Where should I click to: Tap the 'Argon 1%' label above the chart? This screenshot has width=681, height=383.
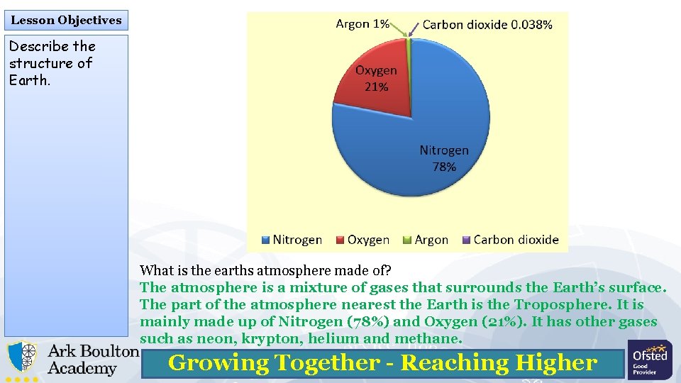pyautogui.click(x=362, y=24)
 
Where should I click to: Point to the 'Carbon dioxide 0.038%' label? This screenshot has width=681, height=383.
pyautogui.click(x=487, y=25)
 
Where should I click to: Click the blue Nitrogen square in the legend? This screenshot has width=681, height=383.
pyautogui.click(x=267, y=240)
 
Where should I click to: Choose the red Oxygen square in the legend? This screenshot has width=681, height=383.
pyautogui.click(x=341, y=240)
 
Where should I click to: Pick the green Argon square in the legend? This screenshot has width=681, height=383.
pyautogui.click(x=407, y=240)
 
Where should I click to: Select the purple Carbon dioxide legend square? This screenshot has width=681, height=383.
pyautogui.click(x=467, y=240)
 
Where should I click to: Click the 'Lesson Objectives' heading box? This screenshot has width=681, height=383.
pyautogui.click(x=66, y=20)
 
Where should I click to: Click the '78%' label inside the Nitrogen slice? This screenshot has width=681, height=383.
pyautogui.click(x=444, y=167)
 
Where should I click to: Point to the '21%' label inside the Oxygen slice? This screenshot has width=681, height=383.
pyautogui.click(x=376, y=87)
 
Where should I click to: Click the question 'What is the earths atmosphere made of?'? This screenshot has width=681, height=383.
pyautogui.click(x=266, y=270)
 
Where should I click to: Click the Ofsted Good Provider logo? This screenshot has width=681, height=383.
pyautogui.click(x=650, y=360)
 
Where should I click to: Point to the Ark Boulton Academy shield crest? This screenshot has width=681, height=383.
pyautogui.click(x=23, y=358)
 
